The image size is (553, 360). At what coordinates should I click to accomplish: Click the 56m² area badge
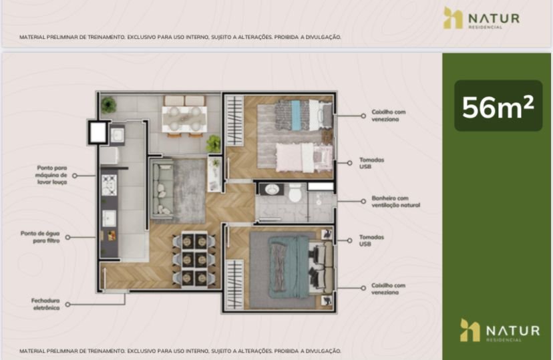click(498, 106)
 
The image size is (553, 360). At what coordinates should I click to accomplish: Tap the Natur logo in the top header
click(482, 18)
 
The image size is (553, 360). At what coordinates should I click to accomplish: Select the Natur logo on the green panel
click(500, 331)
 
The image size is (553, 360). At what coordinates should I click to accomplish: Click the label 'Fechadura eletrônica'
click(45, 304)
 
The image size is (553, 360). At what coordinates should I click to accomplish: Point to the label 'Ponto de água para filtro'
click(40, 237)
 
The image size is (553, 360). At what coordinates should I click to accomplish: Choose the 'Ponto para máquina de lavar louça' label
click(51, 175)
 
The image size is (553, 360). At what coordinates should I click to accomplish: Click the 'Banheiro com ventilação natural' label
click(395, 201)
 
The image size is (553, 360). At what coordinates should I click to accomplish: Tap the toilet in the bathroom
click(295, 193)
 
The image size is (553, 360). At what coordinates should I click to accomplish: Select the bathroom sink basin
click(272, 190)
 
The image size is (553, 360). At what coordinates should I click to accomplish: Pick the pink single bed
click(304, 158)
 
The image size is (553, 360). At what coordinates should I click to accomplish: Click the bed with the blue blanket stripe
click(303, 115)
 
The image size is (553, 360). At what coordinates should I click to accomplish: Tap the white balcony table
click(184, 119)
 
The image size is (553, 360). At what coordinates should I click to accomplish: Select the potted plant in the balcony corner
click(108, 105)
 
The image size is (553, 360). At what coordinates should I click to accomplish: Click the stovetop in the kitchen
click(109, 185)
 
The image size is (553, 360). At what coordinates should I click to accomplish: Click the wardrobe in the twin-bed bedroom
click(234, 121)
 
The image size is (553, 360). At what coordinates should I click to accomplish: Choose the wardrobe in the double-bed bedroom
click(234, 285)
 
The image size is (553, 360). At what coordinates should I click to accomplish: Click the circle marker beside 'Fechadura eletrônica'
click(67, 305)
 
